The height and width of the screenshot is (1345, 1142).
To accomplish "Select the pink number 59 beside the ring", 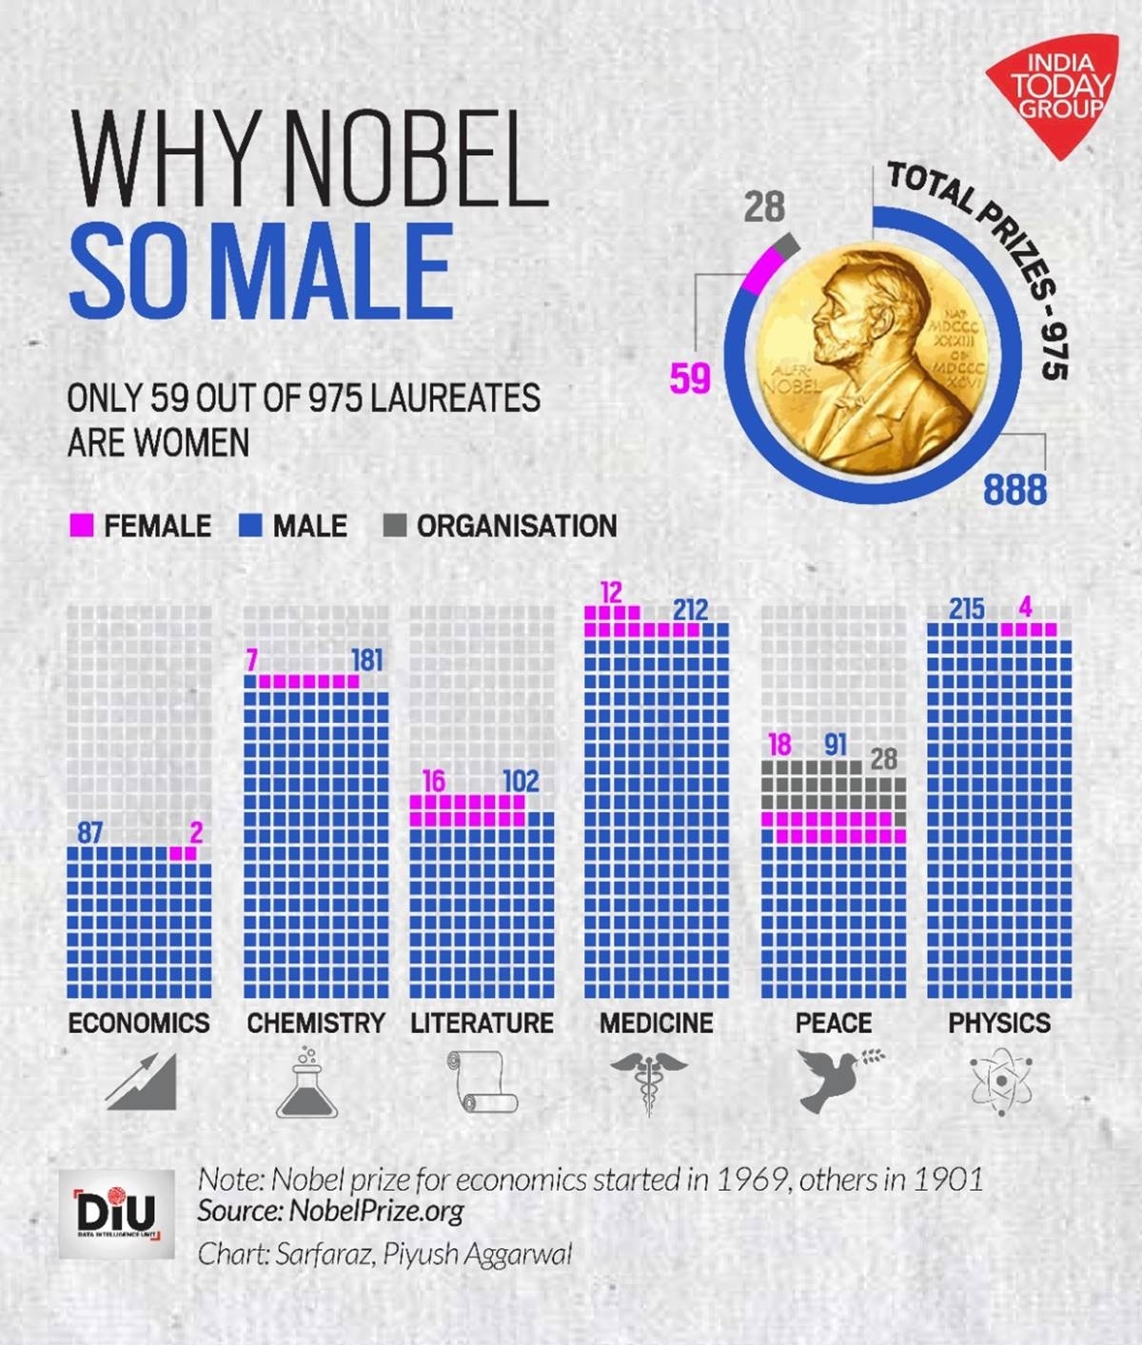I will [690, 379].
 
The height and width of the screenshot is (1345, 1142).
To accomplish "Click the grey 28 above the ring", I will [764, 206].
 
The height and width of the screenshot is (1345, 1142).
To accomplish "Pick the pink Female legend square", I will [83, 525].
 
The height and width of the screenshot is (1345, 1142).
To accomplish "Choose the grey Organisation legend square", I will [395, 525].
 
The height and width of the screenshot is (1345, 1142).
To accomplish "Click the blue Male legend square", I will [250, 525].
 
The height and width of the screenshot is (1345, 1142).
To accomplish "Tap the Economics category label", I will [139, 1023].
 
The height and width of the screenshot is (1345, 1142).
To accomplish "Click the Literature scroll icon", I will [482, 1082].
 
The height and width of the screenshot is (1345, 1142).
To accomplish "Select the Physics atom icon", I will [999, 1082].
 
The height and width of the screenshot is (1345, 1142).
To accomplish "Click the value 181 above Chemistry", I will [367, 659].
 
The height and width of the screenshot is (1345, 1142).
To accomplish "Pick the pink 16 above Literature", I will [433, 781].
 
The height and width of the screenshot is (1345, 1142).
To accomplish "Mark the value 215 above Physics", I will [967, 609].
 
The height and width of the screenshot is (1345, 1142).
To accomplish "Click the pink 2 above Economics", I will [196, 833].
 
